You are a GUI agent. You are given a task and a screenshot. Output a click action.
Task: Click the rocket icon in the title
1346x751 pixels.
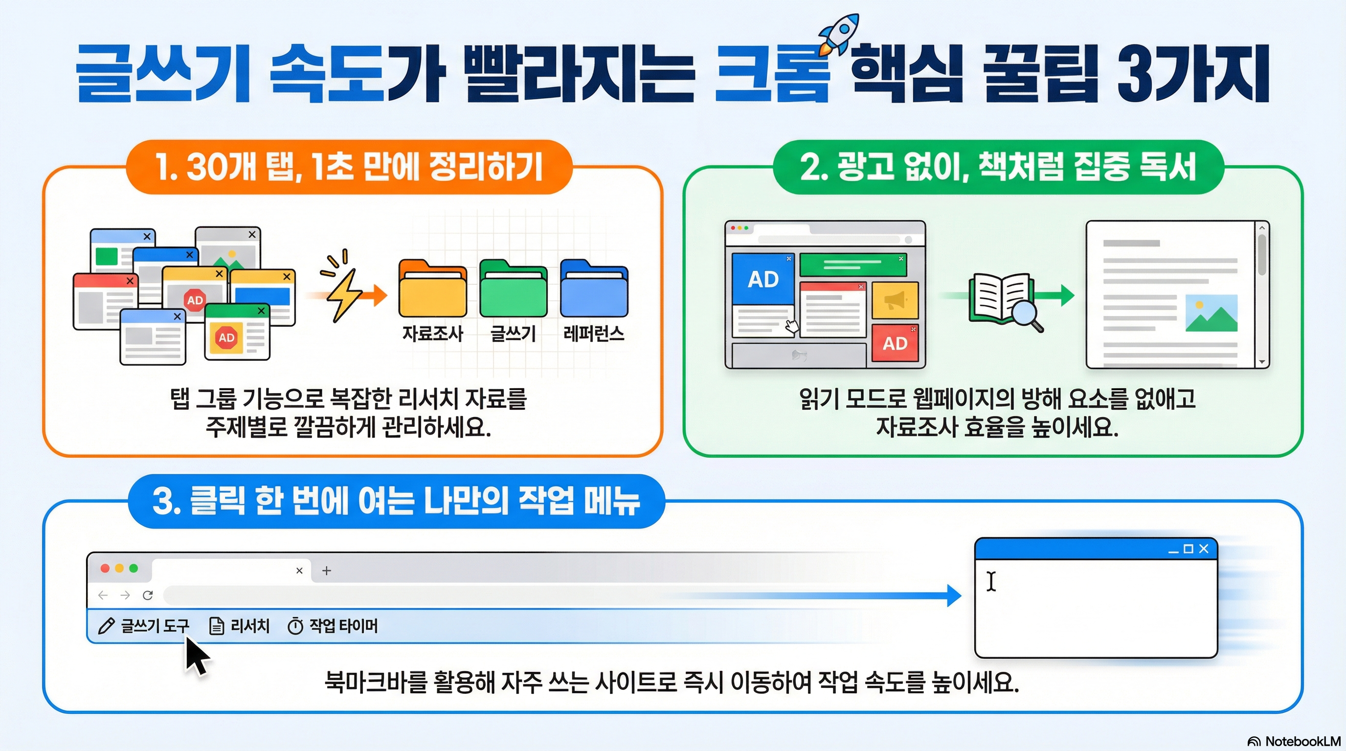(838, 34)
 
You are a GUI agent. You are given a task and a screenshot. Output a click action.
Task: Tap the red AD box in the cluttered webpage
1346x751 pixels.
(895, 343)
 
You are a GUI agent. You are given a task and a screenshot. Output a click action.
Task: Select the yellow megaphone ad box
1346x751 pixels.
(895, 300)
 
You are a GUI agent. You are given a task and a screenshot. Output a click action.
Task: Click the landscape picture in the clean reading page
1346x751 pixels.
(1211, 313)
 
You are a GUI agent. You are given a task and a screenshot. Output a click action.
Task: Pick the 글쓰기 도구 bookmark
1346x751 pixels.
(144, 626)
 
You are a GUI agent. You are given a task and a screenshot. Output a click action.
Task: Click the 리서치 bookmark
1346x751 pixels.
(239, 626)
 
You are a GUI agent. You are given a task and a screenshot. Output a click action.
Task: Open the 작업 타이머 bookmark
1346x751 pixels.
(333, 626)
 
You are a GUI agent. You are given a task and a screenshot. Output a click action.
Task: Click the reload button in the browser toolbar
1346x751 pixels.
(148, 595)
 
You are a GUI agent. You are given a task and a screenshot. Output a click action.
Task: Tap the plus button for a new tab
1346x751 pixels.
(327, 570)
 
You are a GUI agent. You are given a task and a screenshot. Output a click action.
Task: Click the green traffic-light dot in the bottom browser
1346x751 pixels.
(134, 568)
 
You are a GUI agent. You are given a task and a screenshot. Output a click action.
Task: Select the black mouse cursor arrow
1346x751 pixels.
(197, 656)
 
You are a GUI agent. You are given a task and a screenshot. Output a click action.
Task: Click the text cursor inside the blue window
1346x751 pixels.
(991, 581)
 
